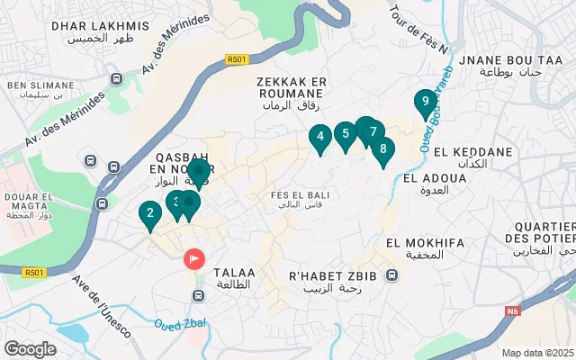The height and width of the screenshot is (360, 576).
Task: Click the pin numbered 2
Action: point(149,214)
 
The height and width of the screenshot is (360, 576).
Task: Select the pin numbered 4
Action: point(319,138)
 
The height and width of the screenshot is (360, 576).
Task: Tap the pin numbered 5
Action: point(344,135)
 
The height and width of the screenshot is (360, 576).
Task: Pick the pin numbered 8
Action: point(382,149)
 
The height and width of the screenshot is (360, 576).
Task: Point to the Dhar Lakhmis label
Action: point(86,32)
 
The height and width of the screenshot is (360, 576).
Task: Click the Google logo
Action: point(30,348)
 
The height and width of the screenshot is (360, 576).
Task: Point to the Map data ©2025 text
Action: point(536,353)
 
